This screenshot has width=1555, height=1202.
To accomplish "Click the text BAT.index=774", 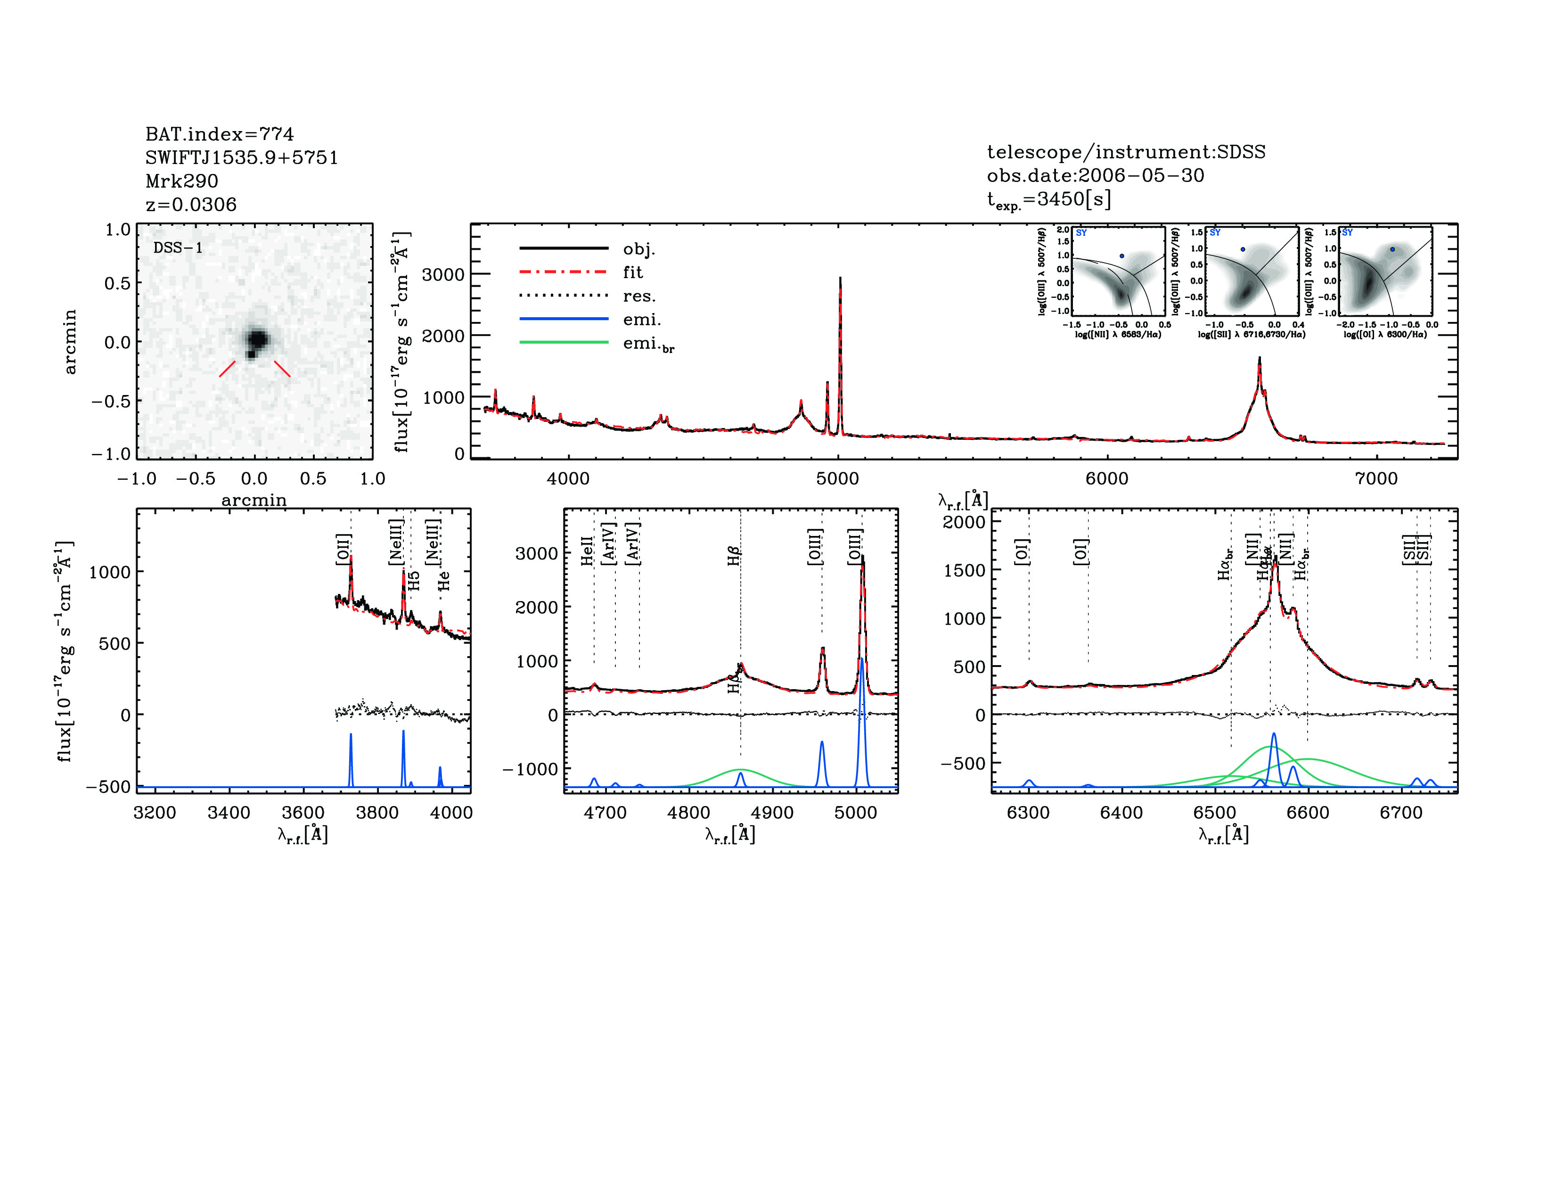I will tap(219, 134).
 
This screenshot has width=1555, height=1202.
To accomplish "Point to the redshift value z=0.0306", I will tap(191, 205).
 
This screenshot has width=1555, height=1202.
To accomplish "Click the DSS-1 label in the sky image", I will tap(178, 248).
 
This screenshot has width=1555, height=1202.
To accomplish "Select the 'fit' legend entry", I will tap(632, 272).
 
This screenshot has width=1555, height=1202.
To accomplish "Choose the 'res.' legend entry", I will tap(638, 296).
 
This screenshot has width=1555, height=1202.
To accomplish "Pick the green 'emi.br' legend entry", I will tap(648, 344).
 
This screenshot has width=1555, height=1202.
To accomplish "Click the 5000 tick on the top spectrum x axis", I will tap(838, 478).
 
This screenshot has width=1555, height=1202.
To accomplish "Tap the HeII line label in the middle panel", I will tap(588, 551).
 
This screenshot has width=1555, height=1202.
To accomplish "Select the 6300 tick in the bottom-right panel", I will tap(1028, 813).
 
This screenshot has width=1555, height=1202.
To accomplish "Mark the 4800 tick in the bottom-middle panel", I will tap(688, 813).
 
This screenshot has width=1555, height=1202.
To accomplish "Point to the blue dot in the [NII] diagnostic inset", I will tap(1122, 255).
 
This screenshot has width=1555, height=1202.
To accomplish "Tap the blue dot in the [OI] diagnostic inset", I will tap(1392, 249).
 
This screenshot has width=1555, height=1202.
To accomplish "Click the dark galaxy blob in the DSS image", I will tap(256, 339).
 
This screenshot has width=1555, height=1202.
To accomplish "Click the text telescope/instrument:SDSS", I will tap(1126, 152).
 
